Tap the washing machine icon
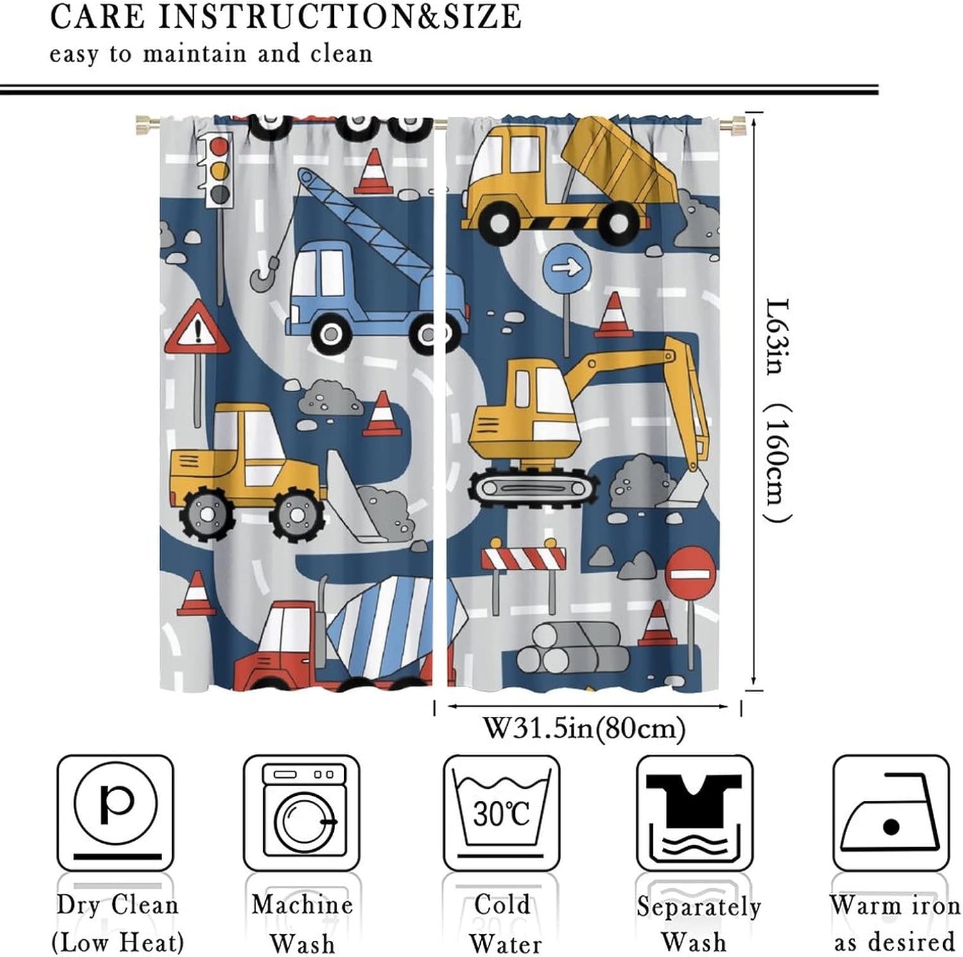pyautogui.click(x=302, y=812)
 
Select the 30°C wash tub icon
pyautogui.click(x=501, y=812)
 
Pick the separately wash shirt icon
pyautogui.click(x=695, y=812)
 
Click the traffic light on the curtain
pyautogui.click(x=219, y=169)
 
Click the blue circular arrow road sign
pyautogui.click(x=566, y=266)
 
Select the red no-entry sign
pyautogui.click(x=690, y=571)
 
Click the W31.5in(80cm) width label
pyautogui.click(x=584, y=729)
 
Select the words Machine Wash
pyautogui.click(x=302, y=924)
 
